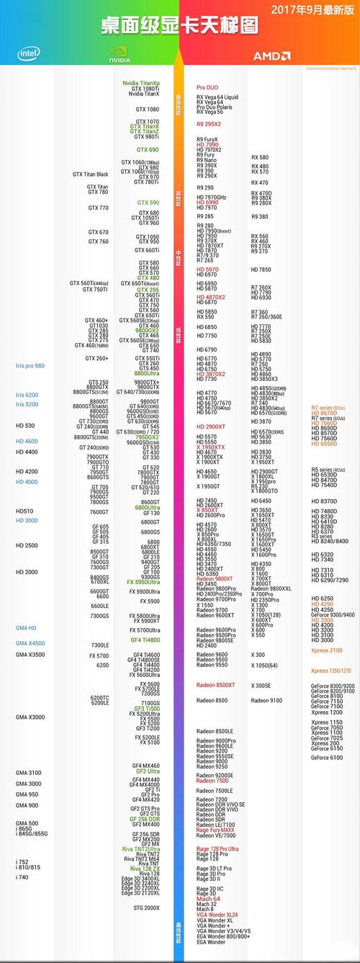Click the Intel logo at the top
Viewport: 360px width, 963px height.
click(x=29, y=53)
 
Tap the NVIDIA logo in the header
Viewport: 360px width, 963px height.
click(x=120, y=55)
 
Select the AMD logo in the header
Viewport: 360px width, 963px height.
click(x=271, y=55)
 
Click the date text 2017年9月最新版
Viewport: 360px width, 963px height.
click(x=314, y=9)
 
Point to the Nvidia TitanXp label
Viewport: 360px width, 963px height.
click(x=141, y=84)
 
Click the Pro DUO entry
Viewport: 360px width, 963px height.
click(x=207, y=87)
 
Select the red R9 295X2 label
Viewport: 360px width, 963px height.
click(x=209, y=124)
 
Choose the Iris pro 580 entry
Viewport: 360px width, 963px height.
click(x=30, y=366)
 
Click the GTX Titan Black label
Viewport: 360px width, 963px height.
click(x=91, y=174)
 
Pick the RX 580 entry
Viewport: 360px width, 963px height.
click(x=260, y=157)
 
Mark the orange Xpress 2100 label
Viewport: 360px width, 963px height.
click(x=326, y=650)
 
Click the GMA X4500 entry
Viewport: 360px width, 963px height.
click(x=30, y=643)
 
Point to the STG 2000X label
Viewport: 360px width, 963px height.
click(x=146, y=908)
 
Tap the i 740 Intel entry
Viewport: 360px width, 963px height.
click(x=23, y=877)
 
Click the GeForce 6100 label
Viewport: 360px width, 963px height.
click(x=327, y=757)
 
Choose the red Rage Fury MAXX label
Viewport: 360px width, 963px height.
click(x=216, y=830)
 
